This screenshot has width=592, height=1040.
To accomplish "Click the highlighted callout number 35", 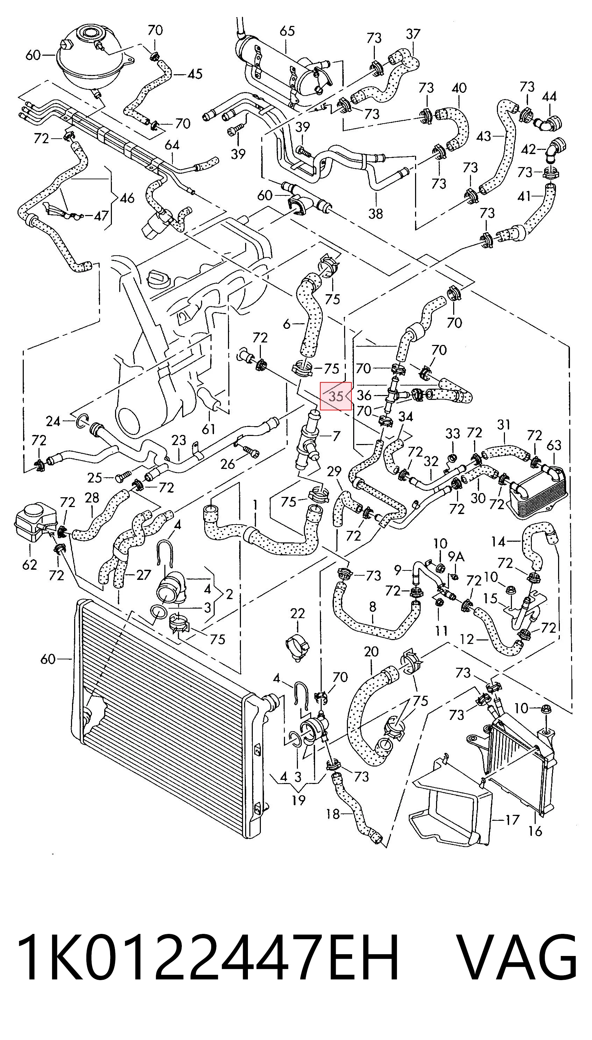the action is (x=336, y=396).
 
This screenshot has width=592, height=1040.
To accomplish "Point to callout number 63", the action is (x=554, y=445).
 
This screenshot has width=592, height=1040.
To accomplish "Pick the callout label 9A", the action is (x=456, y=556).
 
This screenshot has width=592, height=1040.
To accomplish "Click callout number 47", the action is (x=101, y=215).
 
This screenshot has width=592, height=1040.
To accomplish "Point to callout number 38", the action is (x=375, y=213).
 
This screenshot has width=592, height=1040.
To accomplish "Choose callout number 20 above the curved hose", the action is (x=371, y=652).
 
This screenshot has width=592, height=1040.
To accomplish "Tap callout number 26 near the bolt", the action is (x=227, y=463).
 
